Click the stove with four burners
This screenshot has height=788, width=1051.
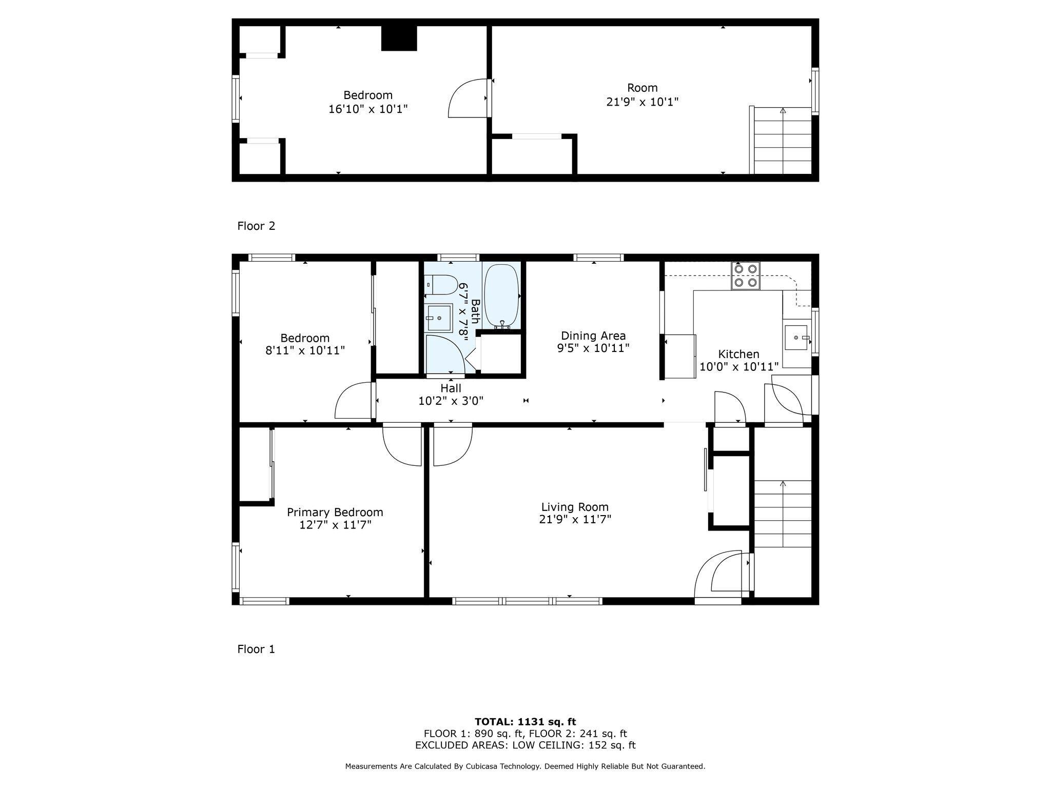(x=745, y=276)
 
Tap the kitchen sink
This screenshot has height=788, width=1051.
(x=796, y=337)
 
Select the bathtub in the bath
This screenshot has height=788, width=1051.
(x=501, y=296)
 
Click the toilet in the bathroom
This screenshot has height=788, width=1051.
(x=442, y=284)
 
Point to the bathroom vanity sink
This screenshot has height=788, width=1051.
(x=439, y=318)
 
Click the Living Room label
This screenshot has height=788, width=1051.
(x=575, y=507)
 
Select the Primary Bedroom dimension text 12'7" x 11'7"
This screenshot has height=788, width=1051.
(x=335, y=525)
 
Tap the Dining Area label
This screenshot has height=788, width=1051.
(x=593, y=336)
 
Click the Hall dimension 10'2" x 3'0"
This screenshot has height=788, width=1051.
(x=451, y=401)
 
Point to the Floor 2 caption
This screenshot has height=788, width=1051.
(x=256, y=226)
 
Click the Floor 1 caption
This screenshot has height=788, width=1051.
(x=256, y=649)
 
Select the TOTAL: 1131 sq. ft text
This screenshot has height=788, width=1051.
(x=525, y=722)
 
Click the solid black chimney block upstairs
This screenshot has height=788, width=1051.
(x=399, y=38)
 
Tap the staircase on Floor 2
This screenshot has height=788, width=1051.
(x=782, y=141)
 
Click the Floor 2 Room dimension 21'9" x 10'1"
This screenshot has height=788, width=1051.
(x=642, y=102)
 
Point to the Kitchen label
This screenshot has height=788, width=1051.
(x=738, y=354)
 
